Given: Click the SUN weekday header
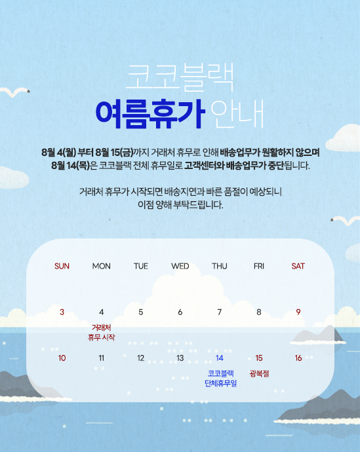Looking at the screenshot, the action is click(x=62, y=266).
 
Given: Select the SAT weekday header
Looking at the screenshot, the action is click(x=298, y=266).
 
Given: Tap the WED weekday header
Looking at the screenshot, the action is click(x=180, y=266).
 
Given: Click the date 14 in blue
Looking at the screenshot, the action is click(x=220, y=358).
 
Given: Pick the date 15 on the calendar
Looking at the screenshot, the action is click(x=259, y=358).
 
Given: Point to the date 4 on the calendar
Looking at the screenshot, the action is click(x=101, y=312).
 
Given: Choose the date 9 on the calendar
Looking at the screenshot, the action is click(x=298, y=312).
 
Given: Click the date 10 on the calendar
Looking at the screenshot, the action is click(x=62, y=358).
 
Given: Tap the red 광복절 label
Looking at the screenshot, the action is click(x=259, y=373).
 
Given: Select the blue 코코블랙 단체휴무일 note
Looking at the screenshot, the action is click(x=221, y=379).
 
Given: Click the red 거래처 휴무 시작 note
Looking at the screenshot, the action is click(x=101, y=332).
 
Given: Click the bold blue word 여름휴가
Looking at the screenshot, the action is click(x=150, y=113).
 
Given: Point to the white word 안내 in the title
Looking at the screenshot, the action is click(x=237, y=114).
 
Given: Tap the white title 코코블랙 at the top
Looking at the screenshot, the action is click(x=180, y=77).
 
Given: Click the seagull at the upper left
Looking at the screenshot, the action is click(x=14, y=92).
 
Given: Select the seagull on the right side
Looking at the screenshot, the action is click(x=346, y=221).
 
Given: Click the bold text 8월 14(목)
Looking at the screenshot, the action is click(x=71, y=166).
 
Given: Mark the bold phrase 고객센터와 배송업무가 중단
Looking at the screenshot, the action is click(x=234, y=166).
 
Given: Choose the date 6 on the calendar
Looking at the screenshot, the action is click(x=180, y=312).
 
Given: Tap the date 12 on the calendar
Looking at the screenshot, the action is click(x=140, y=358).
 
